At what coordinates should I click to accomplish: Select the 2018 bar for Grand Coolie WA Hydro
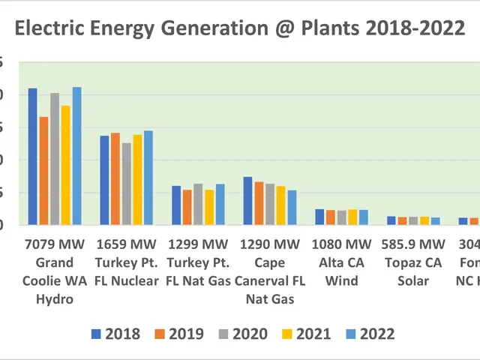33,157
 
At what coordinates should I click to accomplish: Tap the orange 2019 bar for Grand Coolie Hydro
43,171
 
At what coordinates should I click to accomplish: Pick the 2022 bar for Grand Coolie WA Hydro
76,156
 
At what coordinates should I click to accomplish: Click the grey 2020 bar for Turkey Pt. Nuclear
126,184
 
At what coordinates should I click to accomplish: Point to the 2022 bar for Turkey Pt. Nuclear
148,178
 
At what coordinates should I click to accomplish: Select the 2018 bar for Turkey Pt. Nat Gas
176,205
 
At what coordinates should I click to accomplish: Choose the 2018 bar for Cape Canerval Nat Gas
247,201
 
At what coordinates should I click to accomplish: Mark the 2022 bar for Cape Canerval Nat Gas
292,208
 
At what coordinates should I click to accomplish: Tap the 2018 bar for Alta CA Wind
319,217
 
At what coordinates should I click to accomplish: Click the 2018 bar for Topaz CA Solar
391,220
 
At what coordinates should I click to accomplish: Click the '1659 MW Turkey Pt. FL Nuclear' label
127,262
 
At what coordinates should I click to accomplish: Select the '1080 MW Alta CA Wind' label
342,262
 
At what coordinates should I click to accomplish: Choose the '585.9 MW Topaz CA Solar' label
412,262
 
